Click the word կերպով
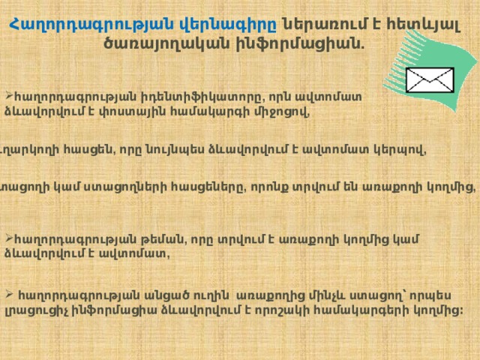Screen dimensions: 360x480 (x=401, y=149)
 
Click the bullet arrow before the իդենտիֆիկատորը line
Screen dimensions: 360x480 (x=6, y=96)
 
